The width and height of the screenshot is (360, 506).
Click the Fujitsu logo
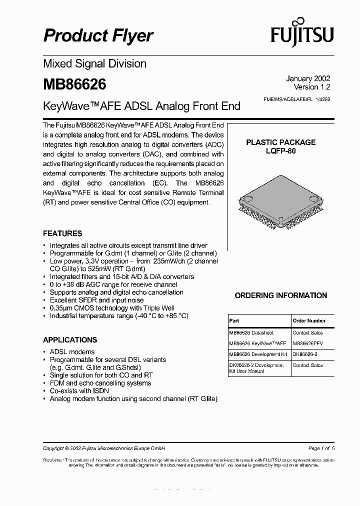click(x=302, y=34)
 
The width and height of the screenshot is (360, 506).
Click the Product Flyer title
click(x=98, y=35)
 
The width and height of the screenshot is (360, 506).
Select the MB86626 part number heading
click(x=74, y=84)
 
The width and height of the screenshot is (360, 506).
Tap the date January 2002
click(x=308, y=78)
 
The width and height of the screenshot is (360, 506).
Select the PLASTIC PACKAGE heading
click(x=280, y=142)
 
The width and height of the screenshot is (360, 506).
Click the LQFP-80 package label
click(x=280, y=151)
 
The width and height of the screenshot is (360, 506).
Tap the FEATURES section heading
click(x=62, y=233)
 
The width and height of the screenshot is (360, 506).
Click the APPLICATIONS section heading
click(x=70, y=340)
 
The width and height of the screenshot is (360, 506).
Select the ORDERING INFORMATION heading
click(x=281, y=295)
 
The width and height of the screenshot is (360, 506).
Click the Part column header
click(x=234, y=321)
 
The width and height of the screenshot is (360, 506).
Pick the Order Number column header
click(x=309, y=321)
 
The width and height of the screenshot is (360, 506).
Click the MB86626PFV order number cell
click(x=308, y=343)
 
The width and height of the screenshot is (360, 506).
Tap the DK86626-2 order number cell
click(x=305, y=354)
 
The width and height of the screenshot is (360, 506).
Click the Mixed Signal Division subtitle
click(x=95, y=64)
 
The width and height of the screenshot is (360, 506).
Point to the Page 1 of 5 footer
click(x=321, y=448)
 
